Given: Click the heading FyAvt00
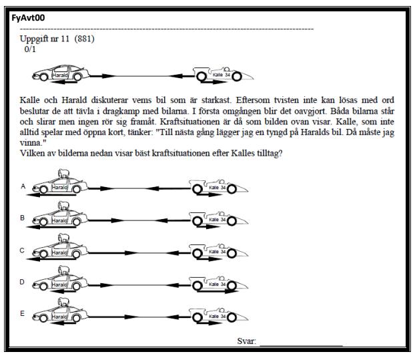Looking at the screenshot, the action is point(28,18).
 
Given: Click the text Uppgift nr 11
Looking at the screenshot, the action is point(45,39).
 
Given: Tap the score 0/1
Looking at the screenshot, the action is point(30,49).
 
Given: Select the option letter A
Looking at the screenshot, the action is point(23,186).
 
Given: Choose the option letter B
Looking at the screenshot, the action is point(23,218).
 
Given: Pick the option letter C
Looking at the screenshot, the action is point(22,250).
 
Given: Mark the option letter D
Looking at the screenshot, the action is point(22,282).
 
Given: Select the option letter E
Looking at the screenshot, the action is point(23,314).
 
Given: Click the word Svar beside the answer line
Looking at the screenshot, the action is point(246,341).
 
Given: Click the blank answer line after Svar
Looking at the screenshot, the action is point(301,345).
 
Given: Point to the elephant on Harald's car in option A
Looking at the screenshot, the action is point(64,174).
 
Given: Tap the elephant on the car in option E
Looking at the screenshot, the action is point(64,303).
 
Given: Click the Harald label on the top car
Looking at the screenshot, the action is point(60,75).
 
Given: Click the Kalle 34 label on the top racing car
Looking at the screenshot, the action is point(222,75).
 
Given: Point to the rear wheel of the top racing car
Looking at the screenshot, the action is point(201,77).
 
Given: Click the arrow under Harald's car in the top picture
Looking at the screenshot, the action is point(64,82).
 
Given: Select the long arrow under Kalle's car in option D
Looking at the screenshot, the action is point(218,291).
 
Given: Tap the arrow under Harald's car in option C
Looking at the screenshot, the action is point(51,259).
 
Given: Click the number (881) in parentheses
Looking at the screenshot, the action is point(85,39).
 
